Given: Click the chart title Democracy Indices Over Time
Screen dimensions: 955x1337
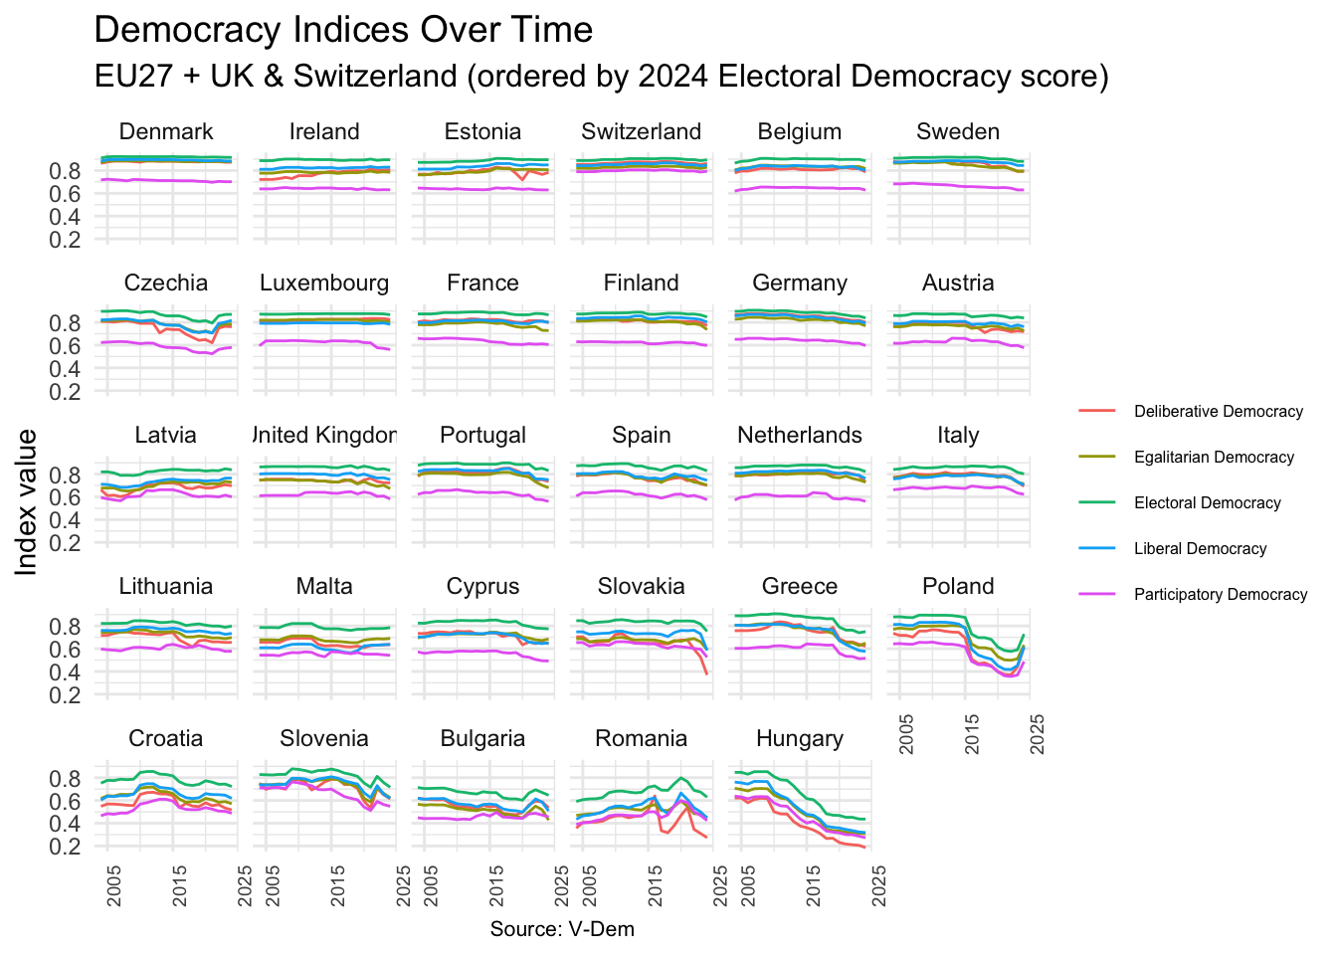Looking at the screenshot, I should pyautogui.click(x=343, y=30).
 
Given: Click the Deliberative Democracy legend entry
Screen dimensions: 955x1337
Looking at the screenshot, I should pyautogui.click(x=1218, y=412).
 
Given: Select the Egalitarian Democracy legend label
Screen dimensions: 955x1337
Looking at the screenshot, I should pyautogui.click(x=1214, y=458).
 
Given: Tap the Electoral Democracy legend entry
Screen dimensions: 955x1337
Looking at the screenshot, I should pyautogui.click(x=1207, y=503).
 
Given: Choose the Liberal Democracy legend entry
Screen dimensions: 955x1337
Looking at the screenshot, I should pyautogui.click(x=1200, y=549).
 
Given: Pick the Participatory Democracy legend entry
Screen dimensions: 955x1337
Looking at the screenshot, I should pyautogui.click(x=1221, y=595).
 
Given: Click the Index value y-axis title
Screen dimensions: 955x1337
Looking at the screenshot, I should pyautogui.click(x=27, y=501).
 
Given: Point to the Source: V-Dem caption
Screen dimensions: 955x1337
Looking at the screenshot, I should pyautogui.click(x=562, y=929).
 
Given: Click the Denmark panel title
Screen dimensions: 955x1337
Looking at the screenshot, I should pyautogui.click(x=166, y=132).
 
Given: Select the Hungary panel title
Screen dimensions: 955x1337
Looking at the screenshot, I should pyautogui.click(x=800, y=739).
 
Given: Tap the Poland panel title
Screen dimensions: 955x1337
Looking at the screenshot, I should pyautogui.click(x=958, y=587).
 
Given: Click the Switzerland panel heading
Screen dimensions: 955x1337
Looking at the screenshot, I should pyautogui.click(x=642, y=132).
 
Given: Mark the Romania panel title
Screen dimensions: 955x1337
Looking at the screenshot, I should pyautogui.click(x=642, y=739).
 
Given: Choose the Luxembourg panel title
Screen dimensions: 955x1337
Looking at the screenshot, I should pyautogui.click(x=324, y=284).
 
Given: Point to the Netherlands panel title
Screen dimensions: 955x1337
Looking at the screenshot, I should pyautogui.click(x=800, y=436).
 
